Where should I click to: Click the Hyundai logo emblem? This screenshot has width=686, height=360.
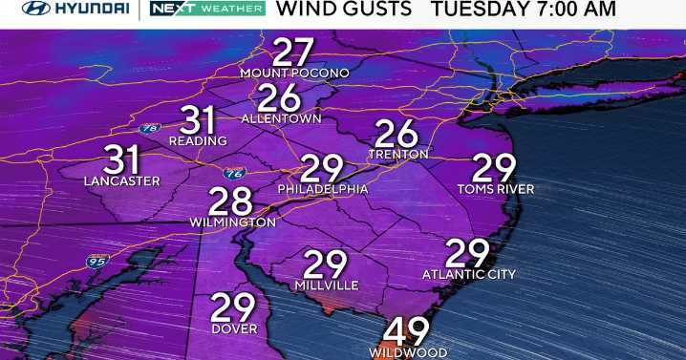point(35,10)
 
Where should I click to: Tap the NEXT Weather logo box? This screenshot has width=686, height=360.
point(205,10)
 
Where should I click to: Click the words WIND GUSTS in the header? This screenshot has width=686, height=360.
point(344,10)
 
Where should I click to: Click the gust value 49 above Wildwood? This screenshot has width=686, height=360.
point(407,331)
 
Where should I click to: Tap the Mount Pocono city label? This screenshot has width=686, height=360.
point(294,74)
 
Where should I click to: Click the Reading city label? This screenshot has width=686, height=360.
point(198,141)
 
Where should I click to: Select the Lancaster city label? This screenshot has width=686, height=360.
point(122,180)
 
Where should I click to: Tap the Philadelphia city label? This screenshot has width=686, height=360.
point(323,189)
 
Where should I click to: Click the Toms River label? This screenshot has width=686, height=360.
point(495,189)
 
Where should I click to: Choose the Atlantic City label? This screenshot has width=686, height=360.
point(468,275)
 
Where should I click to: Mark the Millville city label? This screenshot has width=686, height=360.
point(326,286)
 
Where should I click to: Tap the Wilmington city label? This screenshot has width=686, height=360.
point(232,222)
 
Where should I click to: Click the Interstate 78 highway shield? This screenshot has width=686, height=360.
point(149,127)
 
